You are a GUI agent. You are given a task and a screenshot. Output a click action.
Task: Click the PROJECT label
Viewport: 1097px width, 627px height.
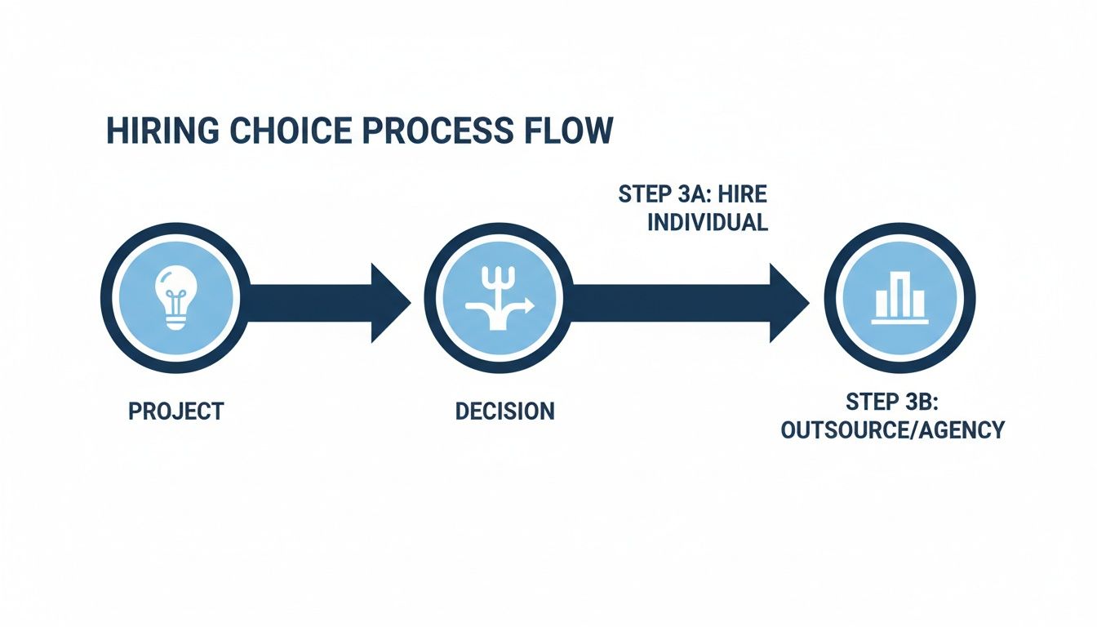pyautogui.click(x=175, y=411)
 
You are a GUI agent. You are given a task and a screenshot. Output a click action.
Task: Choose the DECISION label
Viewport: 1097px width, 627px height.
pyautogui.click(x=504, y=411)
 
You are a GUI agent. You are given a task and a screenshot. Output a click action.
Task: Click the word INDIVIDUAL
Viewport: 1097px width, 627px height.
pyautogui.click(x=708, y=223)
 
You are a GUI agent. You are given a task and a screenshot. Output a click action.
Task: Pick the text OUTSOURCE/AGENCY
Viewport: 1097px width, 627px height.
pyautogui.click(x=892, y=430)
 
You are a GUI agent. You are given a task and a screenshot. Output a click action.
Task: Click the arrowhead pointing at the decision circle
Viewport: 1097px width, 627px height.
pyautogui.click(x=390, y=303)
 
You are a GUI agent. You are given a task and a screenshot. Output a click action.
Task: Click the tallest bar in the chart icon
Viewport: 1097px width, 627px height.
pyautogui.click(x=899, y=293)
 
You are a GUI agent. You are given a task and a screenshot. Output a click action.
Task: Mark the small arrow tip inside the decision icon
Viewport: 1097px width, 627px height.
pyautogui.click(x=529, y=305)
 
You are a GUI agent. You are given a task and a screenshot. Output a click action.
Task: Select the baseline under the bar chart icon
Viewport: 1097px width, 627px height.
pyautogui.click(x=899, y=321)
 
